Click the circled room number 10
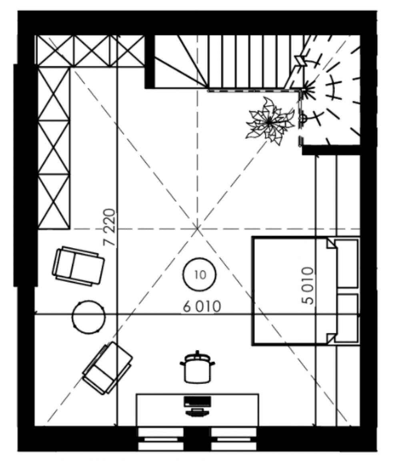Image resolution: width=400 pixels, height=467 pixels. pyautogui.click(x=200, y=275)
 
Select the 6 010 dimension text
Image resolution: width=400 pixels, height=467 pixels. pyautogui.click(x=202, y=307)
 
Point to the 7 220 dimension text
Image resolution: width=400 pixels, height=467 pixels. pyautogui.click(x=109, y=227)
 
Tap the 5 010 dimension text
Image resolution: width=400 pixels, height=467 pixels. pyautogui.click(x=308, y=286)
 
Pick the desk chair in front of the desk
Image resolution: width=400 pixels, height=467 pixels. pyautogui.click(x=197, y=367)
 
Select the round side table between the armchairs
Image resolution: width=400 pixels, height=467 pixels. pyautogui.click(x=89, y=317)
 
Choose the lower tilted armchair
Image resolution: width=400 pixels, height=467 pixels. pyautogui.click(x=108, y=368)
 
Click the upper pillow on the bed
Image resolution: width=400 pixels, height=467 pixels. pyautogui.click(x=347, y=263)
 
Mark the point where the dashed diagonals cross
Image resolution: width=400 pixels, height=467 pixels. pyautogui.click(x=197, y=229)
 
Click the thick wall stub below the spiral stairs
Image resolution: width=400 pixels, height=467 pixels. pyautogui.click(x=331, y=150)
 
